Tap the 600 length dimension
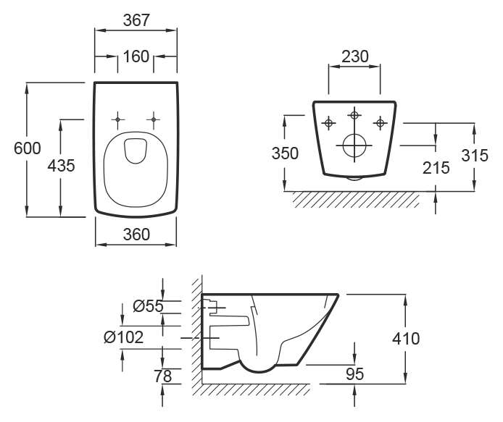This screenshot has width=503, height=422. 27,148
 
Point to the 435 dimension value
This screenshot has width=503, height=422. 61,165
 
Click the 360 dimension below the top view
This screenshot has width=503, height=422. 136,233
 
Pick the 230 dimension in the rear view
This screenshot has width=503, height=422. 355,56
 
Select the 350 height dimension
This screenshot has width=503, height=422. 285,153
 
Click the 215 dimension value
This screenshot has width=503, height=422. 435,167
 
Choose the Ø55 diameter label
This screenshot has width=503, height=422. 148,306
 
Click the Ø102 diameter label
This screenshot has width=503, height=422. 123,337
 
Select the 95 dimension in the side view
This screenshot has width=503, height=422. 354,374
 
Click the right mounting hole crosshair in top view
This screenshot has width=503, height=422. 154,118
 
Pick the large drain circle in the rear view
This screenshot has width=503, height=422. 354,145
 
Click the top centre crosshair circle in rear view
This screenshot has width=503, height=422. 354,115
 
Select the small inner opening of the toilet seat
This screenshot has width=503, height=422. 135,150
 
